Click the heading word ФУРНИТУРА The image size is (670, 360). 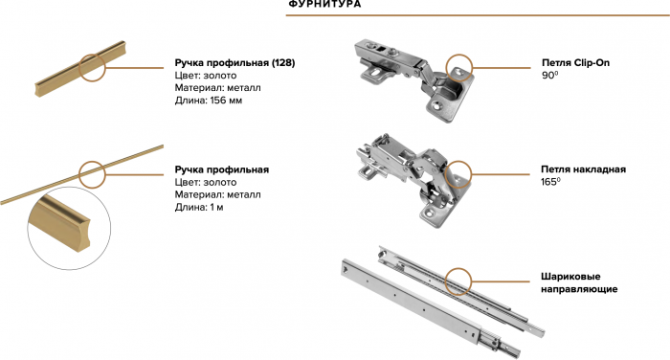[324, 4]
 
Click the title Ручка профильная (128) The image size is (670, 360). [234, 63]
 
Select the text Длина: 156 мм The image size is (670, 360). [208, 101]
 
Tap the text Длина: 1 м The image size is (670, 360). [199, 208]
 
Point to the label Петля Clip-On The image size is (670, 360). [575, 63]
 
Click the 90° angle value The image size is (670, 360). [550, 76]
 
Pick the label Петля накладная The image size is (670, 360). [583, 169]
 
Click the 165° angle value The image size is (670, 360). [550, 182]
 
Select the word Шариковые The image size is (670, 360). [570, 277]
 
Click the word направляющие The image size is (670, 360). [579, 289]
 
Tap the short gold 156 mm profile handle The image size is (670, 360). [80, 68]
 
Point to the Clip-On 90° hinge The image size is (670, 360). [414, 80]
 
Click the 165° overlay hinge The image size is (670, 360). [413, 180]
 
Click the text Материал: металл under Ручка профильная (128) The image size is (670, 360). [217, 88]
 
